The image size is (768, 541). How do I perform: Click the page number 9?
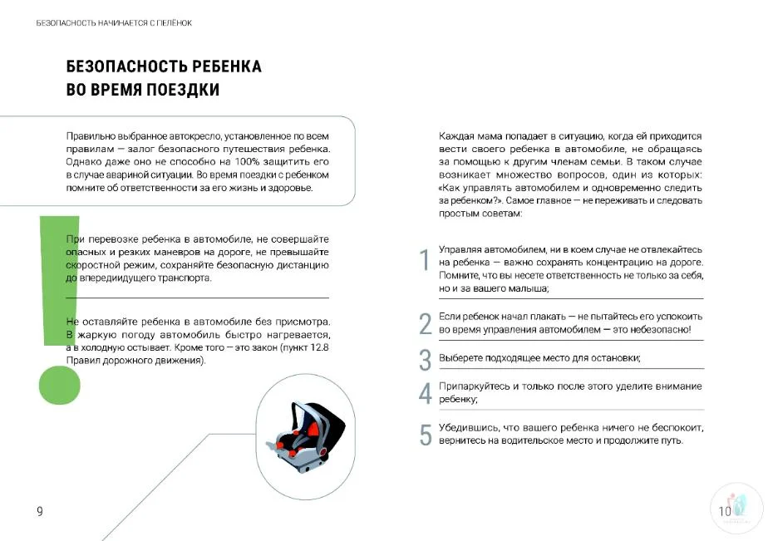[x=39, y=511]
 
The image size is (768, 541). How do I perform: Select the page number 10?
[x=725, y=511]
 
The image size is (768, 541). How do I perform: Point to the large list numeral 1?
[x=424, y=260]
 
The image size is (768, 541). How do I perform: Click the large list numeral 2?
[x=425, y=323]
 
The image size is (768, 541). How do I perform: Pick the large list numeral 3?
[x=425, y=360]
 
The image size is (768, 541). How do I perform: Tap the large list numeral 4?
[x=425, y=393]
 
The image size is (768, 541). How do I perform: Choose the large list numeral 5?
[x=425, y=435]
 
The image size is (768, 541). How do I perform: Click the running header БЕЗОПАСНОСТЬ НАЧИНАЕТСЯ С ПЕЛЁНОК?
[x=114, y=22]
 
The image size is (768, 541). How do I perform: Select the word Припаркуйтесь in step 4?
[x=471, y=386]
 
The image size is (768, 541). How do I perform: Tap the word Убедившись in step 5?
[x=468, y=427]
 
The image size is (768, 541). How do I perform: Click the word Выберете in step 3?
[x=461, y=358]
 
